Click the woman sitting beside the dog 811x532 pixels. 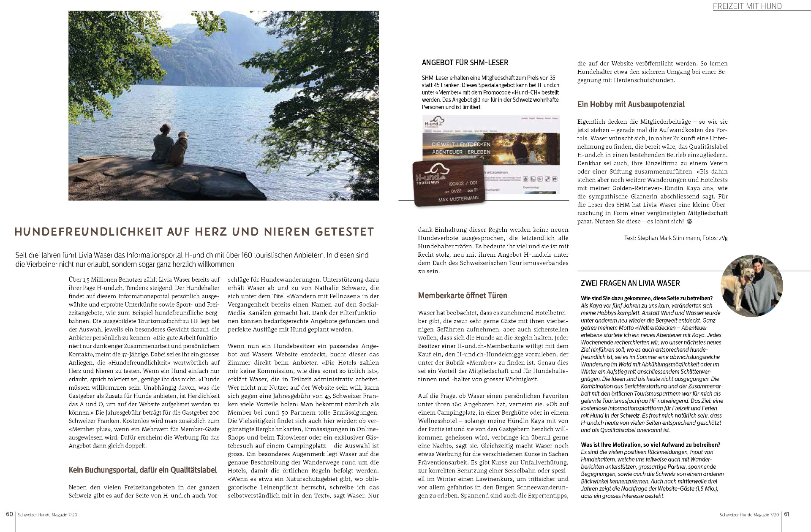pos(162,144)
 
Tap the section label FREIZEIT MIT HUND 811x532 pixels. pos(747,6)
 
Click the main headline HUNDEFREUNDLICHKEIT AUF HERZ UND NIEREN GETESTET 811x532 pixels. pos(194,232)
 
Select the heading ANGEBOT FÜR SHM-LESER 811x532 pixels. pos(465,62)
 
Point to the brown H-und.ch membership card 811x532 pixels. pos(448,184)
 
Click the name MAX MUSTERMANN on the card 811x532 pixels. pos(458,198)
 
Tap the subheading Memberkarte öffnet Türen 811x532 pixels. pos(462,296)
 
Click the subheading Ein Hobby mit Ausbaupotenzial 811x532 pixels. pos(631,104)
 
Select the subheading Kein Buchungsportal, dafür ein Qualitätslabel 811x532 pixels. pos(142,470)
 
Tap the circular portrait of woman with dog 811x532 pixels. pos(752,286)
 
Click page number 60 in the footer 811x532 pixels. pos(9,514)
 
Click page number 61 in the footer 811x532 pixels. pos(787,514)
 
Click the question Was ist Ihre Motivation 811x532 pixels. pos(650,445)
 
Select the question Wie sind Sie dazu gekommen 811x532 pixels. pos(646,299)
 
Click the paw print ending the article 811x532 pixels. pos(690,221)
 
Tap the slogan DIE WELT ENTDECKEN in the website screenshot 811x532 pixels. pos(461,144)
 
